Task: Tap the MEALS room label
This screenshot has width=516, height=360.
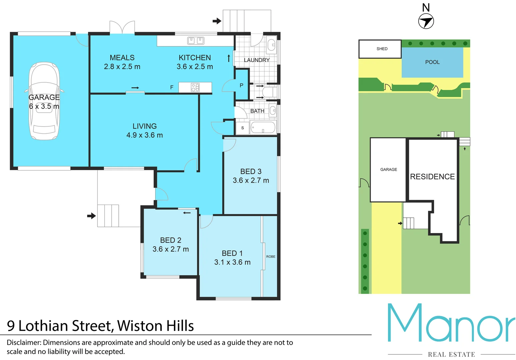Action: (x=122, y=58)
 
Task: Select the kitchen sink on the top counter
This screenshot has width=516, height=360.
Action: (x=196, y=41)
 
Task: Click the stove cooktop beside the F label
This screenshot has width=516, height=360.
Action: (x=195, y=87)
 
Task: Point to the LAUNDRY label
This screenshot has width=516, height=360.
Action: (x=256, y=60)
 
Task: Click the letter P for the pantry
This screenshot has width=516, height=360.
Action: (x=241, y=86)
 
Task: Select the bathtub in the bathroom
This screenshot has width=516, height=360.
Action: (x=263, y=127)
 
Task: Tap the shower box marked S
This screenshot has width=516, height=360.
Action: (x=242, y=128)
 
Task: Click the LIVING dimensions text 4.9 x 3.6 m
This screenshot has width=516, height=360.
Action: (x=144, y=135)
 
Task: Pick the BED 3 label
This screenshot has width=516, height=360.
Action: (x=251, y=171)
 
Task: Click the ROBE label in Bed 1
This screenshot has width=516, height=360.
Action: (x=271, y=257)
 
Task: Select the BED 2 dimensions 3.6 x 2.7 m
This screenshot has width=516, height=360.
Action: (x=171, y=249)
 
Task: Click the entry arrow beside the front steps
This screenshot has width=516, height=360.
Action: (x=91, y=216)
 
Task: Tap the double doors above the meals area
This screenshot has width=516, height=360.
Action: (x=122, y=27)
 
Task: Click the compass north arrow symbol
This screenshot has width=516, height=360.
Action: (x=426, y=22)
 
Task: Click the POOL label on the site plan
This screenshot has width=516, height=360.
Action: (x=432, y=62)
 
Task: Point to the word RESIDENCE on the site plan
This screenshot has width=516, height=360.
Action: (x=432, y=177)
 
